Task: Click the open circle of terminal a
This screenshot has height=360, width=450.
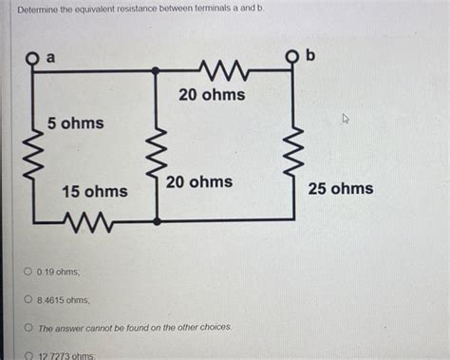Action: coord(33,59)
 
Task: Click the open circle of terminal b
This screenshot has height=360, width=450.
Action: coord(292,58)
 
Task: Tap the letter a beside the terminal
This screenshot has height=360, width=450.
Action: coord(51,58)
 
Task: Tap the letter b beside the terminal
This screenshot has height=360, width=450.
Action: coord(310,56)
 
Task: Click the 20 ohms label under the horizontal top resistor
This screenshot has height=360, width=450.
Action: coord(212,94)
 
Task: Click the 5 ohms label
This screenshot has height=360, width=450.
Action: coord(76,123)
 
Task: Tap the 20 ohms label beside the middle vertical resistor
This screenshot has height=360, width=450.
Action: coord(198,181)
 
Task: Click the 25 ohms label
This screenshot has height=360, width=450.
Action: coord(341,189)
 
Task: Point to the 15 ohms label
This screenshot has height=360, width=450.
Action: coord(94,192)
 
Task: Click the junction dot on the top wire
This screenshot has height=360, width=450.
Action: coord(156,71)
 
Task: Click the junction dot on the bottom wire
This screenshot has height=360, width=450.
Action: coord(156,220)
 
